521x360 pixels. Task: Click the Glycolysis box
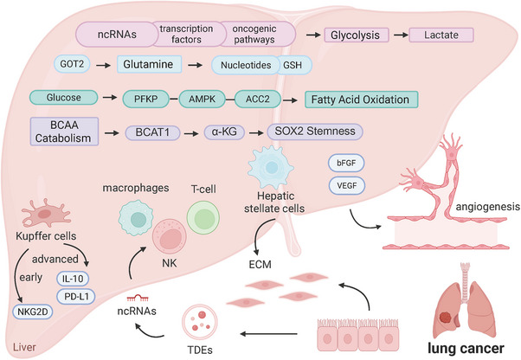357,35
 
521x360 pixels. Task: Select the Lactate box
441,35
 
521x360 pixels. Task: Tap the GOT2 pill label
72,64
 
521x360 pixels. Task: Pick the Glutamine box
149,64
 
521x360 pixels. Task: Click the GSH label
293,65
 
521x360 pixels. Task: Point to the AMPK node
202,99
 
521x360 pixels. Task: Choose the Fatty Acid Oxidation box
361,100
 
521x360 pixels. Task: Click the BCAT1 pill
152,132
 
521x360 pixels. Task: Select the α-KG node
224,132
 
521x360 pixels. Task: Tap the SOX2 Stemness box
315,132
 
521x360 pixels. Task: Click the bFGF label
346,163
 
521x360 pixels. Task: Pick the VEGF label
347,186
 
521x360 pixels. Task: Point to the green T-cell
203,218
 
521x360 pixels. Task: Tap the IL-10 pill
73,279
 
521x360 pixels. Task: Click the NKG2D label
33,312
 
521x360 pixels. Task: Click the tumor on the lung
446,318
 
